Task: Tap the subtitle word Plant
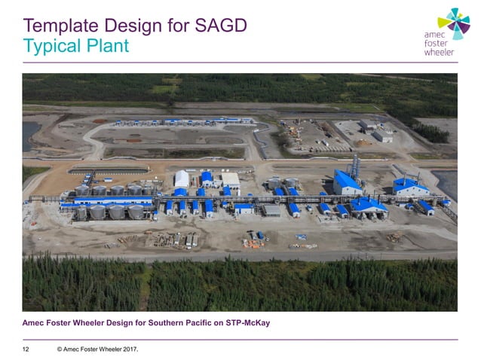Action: click(x=105, y=47)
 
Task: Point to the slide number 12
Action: click(x=26, y=349)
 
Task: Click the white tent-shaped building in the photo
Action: click(x=181, y=178)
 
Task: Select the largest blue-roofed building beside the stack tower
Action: click(x=348, y=182)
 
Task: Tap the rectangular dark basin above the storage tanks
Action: click(x=109, y=170)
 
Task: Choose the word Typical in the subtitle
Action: click(x=50, y=47)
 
